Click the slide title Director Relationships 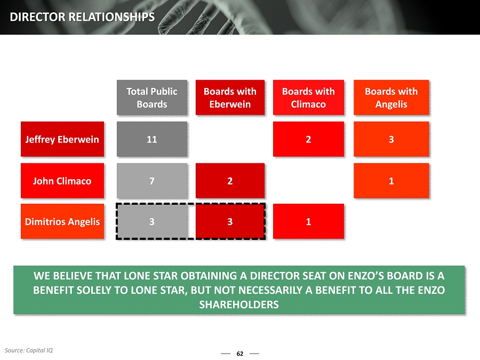coord(82,17)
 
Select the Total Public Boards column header coord(152,98)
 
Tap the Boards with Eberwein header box coord(230,98)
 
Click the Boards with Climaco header coord(308,98)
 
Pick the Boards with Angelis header coord(391,98)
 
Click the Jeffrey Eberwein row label coord(62,139)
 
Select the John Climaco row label coord(62,181)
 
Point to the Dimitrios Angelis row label coord(62,221)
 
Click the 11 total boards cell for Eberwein coord(152,139)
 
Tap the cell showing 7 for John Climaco coord(152,181)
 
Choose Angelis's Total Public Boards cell coord(152,221)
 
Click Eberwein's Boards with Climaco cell coord(308,139)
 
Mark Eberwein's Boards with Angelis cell coord(391,139)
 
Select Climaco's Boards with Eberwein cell coord(230,181)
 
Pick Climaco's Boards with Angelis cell coord(391,181)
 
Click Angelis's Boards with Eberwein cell coord(230,221)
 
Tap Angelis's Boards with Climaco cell coord(308,221)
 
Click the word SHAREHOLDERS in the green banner coord(239,305)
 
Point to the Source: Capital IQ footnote coord(28,350)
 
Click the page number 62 coord(240,354)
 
